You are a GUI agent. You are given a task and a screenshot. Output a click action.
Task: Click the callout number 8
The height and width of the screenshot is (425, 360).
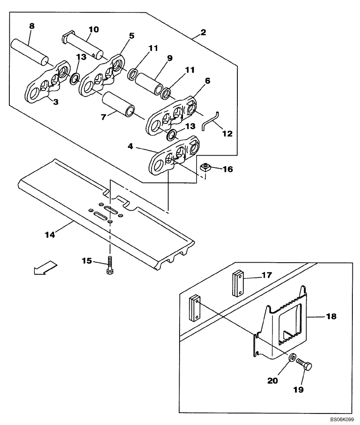click(32, 26)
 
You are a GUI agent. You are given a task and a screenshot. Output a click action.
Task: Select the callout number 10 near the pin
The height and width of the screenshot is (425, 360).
click(93, 29)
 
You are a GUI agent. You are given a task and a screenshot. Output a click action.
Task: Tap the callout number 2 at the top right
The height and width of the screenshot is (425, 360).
click(203, 33)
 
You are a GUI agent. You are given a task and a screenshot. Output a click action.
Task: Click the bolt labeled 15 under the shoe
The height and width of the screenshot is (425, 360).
click(110, 266)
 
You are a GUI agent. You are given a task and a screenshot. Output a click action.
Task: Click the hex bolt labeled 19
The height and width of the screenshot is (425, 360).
click(304, 365)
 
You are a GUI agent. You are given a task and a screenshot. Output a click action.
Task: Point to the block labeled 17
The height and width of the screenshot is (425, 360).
click(238, 284)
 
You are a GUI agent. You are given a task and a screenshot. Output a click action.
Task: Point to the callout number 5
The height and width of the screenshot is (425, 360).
click(132, 36)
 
